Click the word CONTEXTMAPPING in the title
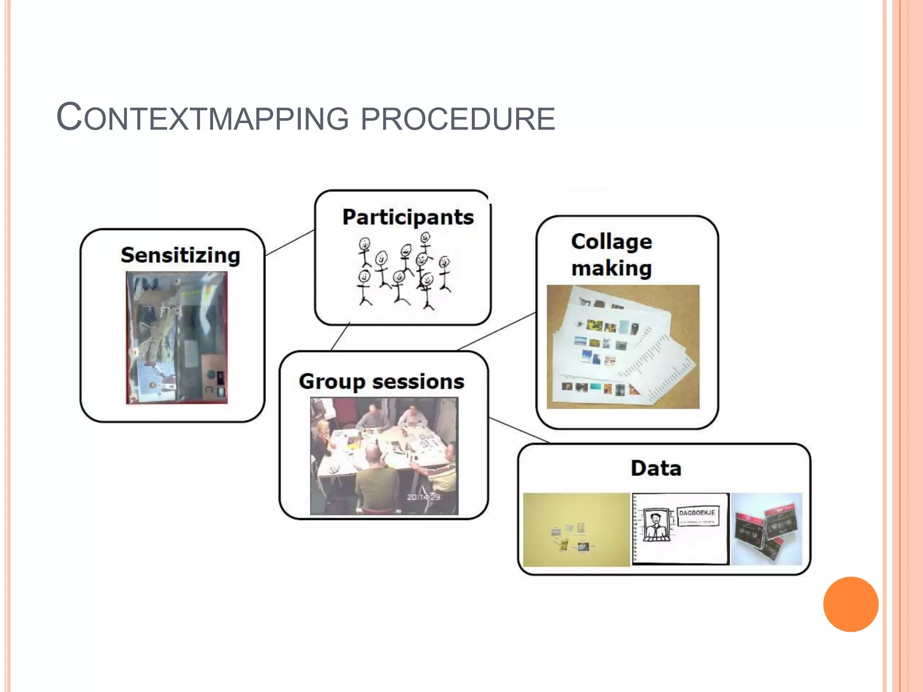click(203, 118)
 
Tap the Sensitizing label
click(180, 255)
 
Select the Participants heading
click(408, 217)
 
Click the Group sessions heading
click(381, 382)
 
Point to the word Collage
click(611, 242)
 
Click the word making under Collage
click(611, 269)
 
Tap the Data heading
click(656, 468)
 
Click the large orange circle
click(850, 604)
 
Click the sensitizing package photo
click(177, 337)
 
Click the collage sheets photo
click(623, 347)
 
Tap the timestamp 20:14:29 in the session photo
click(423, 497)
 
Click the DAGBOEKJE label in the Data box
click(697, 513)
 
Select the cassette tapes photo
click(766, 529)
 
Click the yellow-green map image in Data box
click(576, 529)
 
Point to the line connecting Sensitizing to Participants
click(289, 243)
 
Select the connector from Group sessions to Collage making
click(496, 331)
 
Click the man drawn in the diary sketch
click(656, 525)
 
